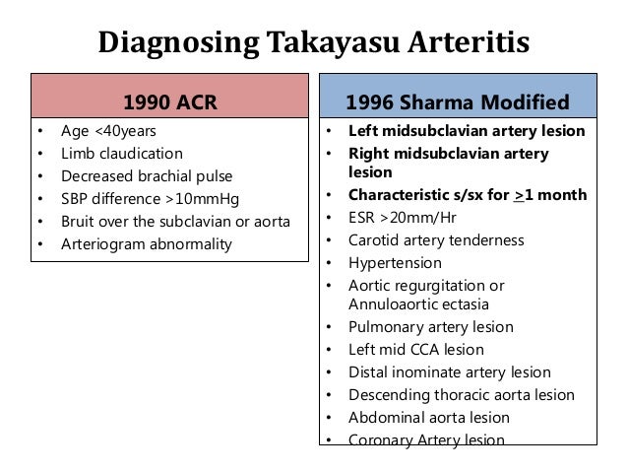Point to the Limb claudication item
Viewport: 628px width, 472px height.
(x=121, y=154)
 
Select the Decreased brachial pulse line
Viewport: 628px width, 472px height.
(x=148, y=176)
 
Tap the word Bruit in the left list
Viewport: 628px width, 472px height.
(x=80, y=222)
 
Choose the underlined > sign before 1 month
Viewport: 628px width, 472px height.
(x=518, y=194)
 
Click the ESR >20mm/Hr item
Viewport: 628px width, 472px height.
(x=404, y=218)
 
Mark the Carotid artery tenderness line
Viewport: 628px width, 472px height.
(x=436, y=240)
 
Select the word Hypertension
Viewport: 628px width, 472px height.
(x=395, y=263)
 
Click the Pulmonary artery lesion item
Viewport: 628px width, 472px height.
(x=430, y=326)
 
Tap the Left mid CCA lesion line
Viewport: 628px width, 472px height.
(x=416, y=349)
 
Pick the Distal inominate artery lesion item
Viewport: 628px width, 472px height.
(x=449, y=371)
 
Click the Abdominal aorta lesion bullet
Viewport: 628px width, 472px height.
(x=429, y=417)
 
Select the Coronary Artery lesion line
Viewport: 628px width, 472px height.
(x=426, y=439)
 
